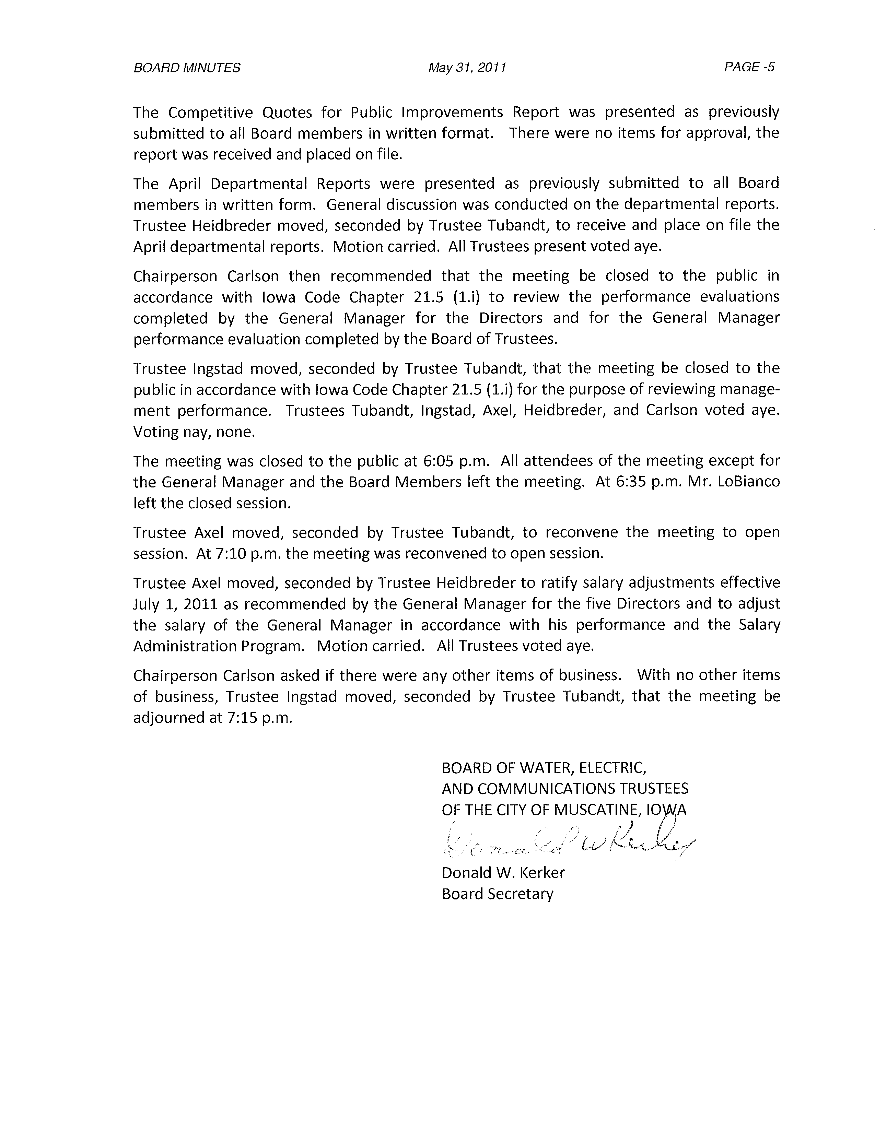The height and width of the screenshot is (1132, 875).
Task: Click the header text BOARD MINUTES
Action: pyautogui.click(x=187, y=68)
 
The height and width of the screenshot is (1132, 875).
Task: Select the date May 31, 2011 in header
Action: pyautogui.click(x=467, y=68)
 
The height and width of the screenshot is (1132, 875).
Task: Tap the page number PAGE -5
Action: pyautogui.click(x=749, y=67)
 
